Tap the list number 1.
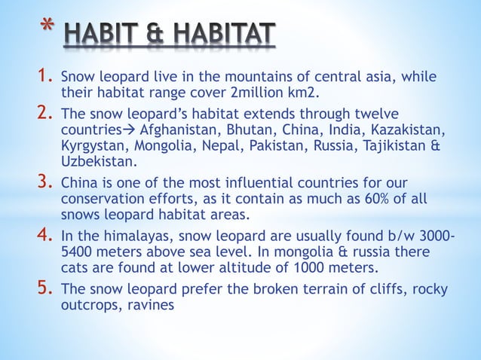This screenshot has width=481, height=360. pyautogui.click(x=43, y=76)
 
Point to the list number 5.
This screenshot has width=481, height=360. pyautogui.click(x=43, y=290)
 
